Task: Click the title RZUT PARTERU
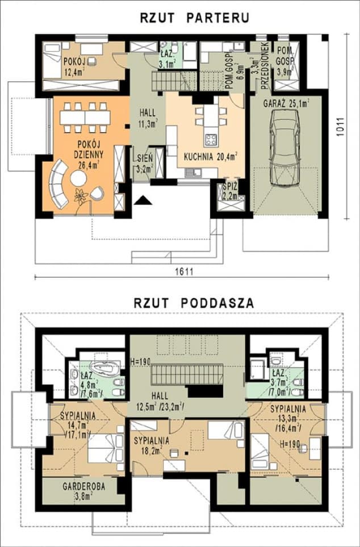(194, 18)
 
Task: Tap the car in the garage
(284, 148)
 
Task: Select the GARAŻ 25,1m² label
(286, 103)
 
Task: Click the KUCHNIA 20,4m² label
(211, 155)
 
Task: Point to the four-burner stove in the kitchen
(211, 139)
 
